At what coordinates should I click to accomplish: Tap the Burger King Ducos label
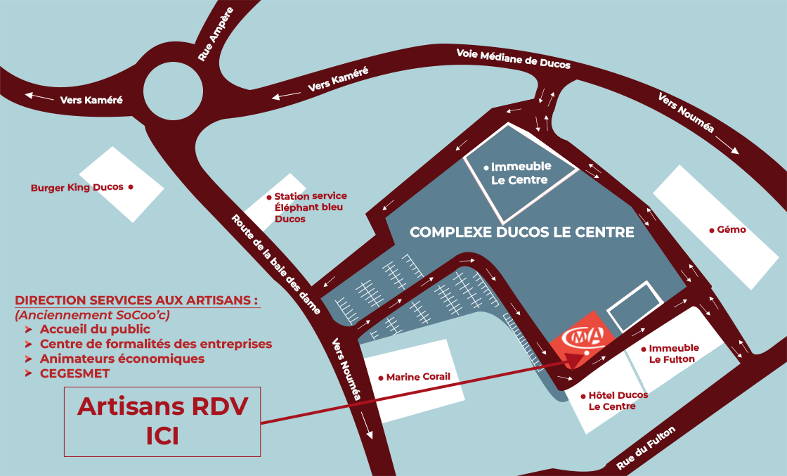click(x=77, y=188)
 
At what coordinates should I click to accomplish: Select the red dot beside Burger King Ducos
click(x=130, y=187)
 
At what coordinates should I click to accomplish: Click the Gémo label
click(x=731, y=230)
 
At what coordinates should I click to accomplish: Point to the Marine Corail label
click(x=418, y=377)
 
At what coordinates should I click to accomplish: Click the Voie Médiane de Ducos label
click(x=513, y=58)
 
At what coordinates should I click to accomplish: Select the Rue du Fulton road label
click(x=646, y=449)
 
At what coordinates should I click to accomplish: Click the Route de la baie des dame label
click(x=275, y=263)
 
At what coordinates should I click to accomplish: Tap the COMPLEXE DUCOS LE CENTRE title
click(x=521, y=232)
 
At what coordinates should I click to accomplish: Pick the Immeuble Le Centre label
click(x=521, y=174)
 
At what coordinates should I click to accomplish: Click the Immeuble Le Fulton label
click(x=673, y=354)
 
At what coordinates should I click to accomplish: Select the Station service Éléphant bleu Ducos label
click(x=310, y=207)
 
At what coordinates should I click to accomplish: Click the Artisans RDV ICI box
click(x=162, y=421)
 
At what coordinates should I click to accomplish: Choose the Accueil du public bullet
click(x=95, y=329)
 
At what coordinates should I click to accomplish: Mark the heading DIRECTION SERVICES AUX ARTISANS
click(x=136, y=299)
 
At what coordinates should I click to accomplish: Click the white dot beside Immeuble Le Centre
click(x=486, y=167)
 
